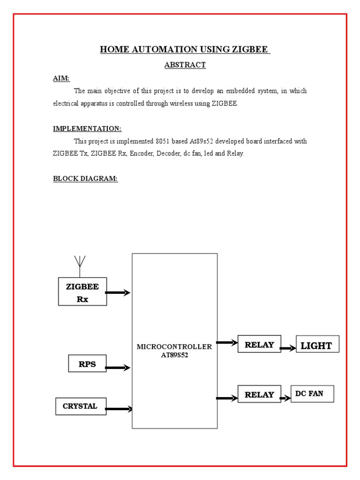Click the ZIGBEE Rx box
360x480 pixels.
pos(82,292)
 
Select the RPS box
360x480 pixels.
pos(87,364)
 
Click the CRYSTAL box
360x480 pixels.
pos(80,406)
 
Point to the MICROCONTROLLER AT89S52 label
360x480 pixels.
pos(174,351)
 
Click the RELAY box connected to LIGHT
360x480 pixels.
pos(259,344)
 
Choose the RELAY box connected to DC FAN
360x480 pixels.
pos(259,394)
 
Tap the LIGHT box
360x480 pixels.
pos(316,345)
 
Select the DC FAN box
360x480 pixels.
pos(312,394)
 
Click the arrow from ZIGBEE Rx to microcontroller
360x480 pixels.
pos(118,293)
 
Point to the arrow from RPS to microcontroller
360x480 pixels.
pos(118,368)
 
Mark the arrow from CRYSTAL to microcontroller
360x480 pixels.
pos(119,409)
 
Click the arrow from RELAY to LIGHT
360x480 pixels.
pos(288,348)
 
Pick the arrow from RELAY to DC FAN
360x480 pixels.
pos(285,398)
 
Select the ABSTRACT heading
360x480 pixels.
pos(185,65)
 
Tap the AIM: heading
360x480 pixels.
pos(61,78)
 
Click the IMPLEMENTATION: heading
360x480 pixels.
pos(87,128)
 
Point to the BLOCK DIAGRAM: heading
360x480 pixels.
pos(85,179)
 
